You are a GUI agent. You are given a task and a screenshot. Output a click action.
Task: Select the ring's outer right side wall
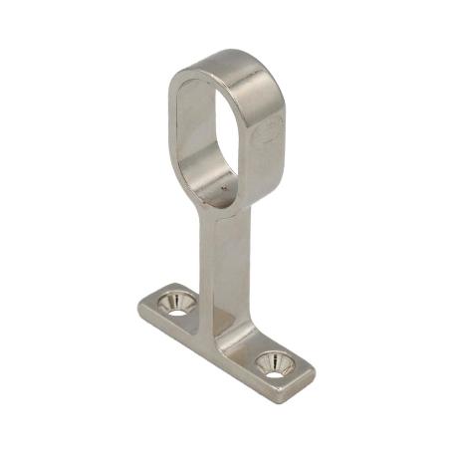pyautogui.click(x=274, y=139)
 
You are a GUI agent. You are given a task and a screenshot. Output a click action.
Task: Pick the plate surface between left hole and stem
pyautogui.click(x=199, y=311)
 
